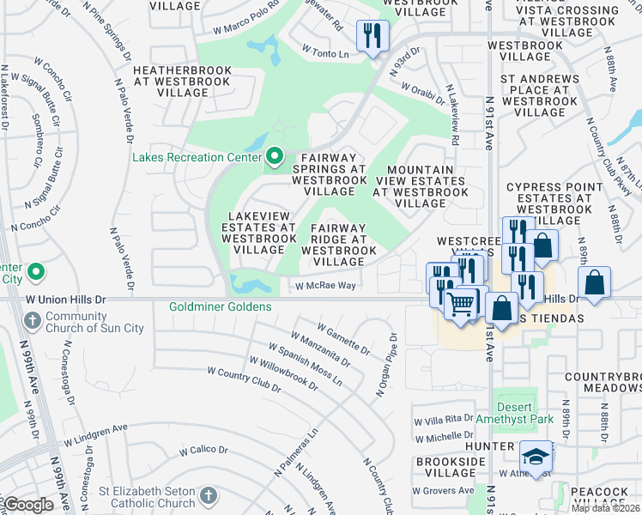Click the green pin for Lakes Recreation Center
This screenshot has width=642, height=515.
pyautogui.click(x=275, y=156)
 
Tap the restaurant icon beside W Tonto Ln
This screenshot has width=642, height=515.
pyautogui.click(x=372, y=35)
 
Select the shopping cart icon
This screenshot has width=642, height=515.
pyautogui.click(x=461, y=302)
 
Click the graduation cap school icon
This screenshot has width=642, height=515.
pyautogui.click(x=535, y=457)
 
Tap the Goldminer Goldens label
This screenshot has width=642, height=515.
pyautogui.click(x=221, y=306)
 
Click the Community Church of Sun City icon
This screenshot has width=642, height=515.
pyautogui.click(x=32, y=321)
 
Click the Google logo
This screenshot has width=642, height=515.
pyautogui.click(x=28, y=506)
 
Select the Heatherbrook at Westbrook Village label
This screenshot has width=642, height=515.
pyautogui.click(x=181, y=82)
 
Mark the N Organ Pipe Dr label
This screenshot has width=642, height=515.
pyautogui.click(x=385, y=366)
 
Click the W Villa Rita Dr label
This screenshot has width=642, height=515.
pyautogui.click(x=443, y=420)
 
